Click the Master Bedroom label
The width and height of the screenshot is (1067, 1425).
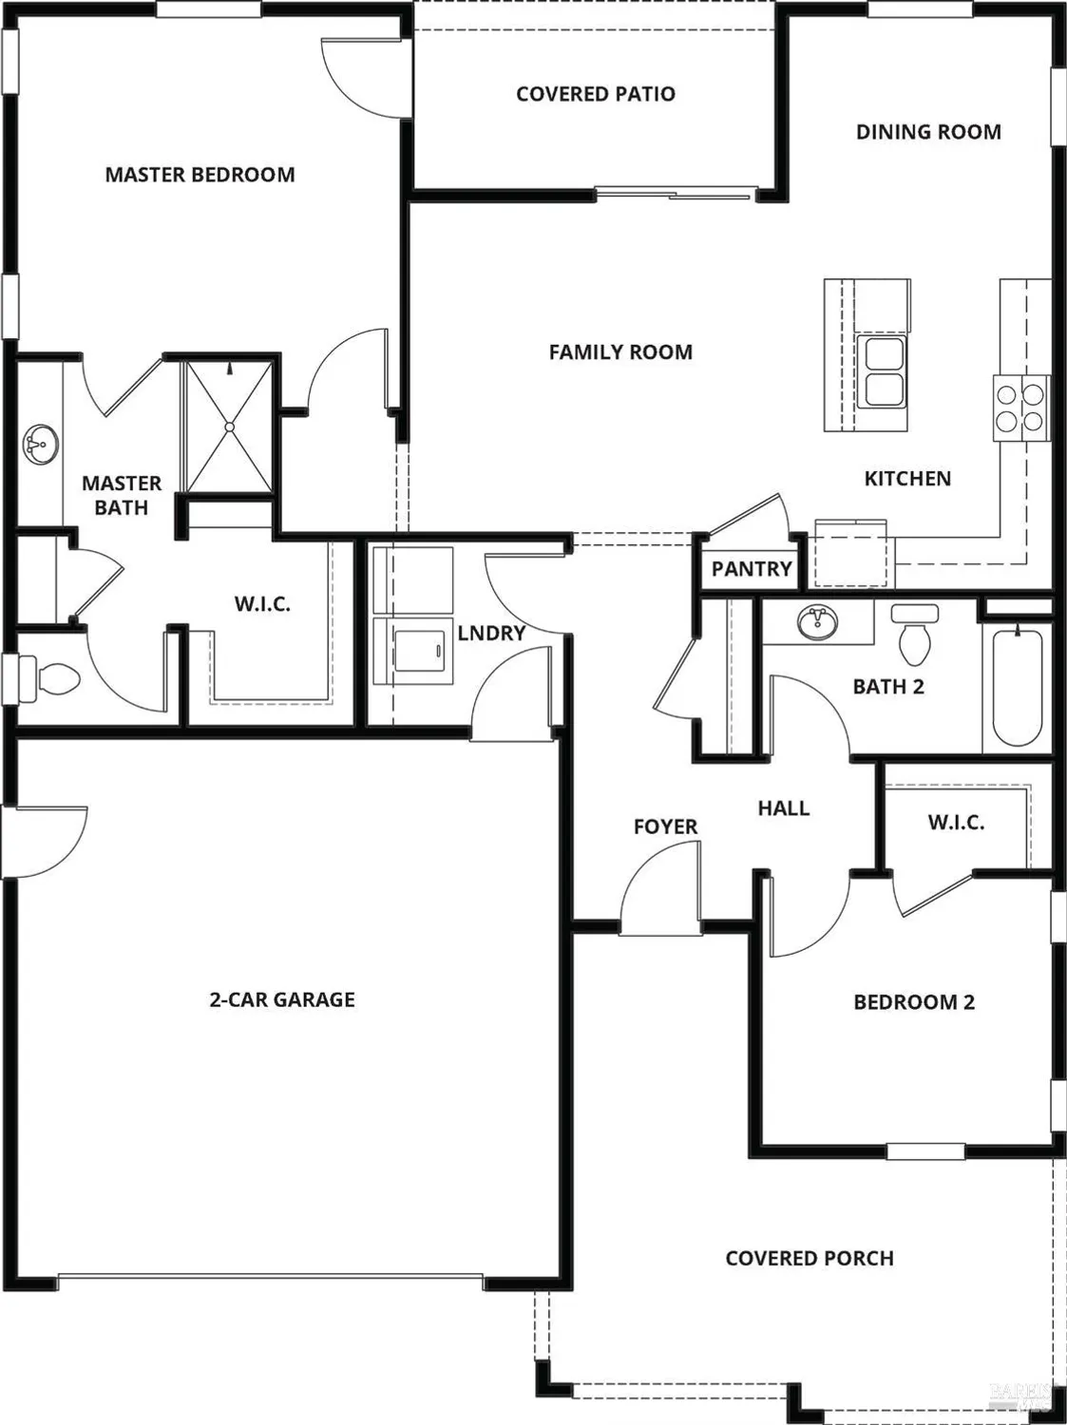coord(200,175)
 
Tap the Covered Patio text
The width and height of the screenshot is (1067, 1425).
coord(596,94)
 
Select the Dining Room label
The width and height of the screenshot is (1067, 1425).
coord(928,132)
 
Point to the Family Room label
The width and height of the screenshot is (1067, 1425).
coord(620,352)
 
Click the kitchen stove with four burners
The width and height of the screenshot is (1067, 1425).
coord(1021,408)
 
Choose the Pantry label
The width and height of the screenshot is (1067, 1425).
coord(752,569)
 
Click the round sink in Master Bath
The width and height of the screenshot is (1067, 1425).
coord(40,444)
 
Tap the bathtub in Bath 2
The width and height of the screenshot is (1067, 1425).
coord(1017,687)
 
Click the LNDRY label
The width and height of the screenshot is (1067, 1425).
coord(491,634)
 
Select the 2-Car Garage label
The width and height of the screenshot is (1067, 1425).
coord(282,999)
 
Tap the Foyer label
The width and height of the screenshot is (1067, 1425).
coord(665,827)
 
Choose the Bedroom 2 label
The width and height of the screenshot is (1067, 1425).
coord(914,1002)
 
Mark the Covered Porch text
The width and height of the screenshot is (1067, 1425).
coord(810,1259)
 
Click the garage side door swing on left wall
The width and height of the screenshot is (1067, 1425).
coord(48,842)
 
